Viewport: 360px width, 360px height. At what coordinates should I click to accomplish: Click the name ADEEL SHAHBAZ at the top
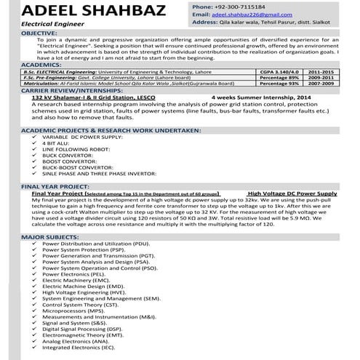coord(81,11)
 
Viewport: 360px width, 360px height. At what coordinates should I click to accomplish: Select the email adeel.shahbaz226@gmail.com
coord(247,15)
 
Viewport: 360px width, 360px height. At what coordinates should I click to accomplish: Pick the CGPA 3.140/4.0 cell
coord(279,73)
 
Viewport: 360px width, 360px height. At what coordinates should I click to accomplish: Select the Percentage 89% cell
coord(279,79)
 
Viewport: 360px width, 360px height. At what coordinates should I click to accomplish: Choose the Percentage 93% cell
coord(279,84)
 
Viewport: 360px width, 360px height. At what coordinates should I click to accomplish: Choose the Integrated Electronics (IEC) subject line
coord(79,348)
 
